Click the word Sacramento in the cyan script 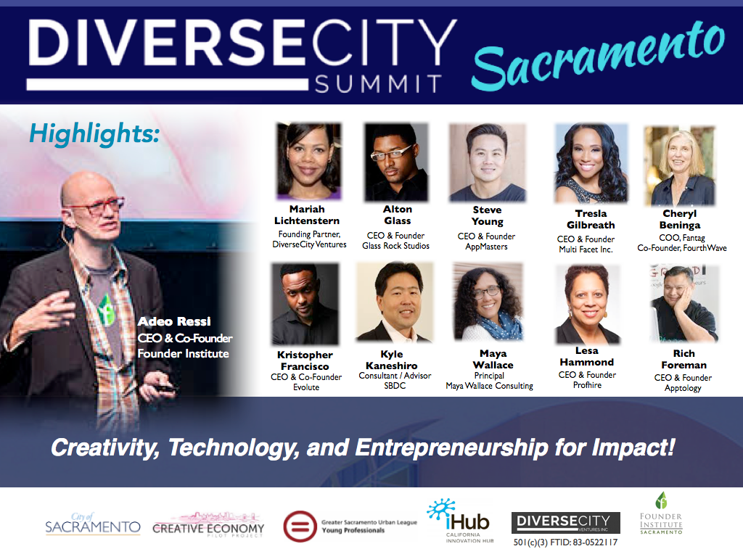[x=598, y=56]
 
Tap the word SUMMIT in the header [x=378, y=84]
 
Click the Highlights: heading [x=94, y=133]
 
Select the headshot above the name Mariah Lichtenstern [x=308, y=161]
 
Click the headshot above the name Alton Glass [x=396, y=162]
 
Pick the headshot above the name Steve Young [x=488, y=162]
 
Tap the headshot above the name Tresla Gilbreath [x=591, y=163]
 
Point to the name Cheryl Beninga [x=680, y=219]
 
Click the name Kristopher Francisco [x=305, y=360]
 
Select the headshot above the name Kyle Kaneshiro [x=395, y=302]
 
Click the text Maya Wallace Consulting [x=490, y=386]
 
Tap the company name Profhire [x=587, y=385]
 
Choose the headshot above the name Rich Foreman [x=684, y=304]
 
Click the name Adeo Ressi [x=174, y=321]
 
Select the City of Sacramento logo [x=93, y=524]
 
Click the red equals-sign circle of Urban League [x=300, y=527]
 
